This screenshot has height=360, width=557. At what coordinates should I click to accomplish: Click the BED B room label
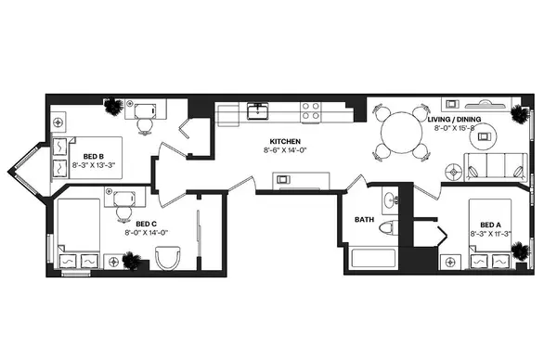tap(92, 156)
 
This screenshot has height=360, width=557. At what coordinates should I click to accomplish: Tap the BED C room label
tap(145, 224)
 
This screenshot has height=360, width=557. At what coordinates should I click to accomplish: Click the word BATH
tap(365, 220)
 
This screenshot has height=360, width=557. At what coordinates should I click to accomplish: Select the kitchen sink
tap(257, 113)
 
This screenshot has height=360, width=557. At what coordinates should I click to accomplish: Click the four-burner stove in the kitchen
tap(311, 112)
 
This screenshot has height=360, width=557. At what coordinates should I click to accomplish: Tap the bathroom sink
tap(389, 199)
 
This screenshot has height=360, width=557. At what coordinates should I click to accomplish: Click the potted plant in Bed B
tap(114, 108)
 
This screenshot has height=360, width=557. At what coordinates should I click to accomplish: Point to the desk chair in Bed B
tap(145, 122)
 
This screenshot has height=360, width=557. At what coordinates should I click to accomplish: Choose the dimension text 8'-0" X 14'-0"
tap(145, 233)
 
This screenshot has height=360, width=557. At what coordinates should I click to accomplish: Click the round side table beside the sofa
tap(455, 171)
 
